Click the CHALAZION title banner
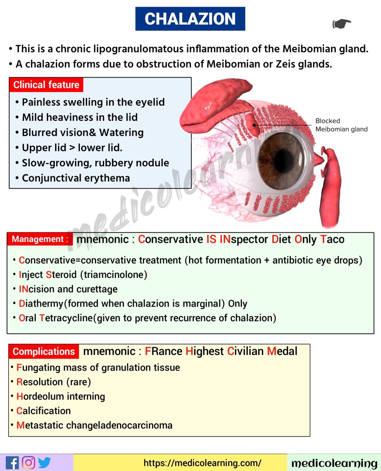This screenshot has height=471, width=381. [190, 19]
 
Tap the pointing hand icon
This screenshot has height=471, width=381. [341, 24]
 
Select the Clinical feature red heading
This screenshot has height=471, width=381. [46, 85]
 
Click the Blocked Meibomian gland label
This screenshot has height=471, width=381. [341, 125]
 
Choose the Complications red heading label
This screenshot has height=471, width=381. [44, 351]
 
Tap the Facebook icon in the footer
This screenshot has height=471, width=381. [12, 463]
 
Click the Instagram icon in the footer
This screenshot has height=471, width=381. [28, 462]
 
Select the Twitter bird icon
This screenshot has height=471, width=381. [45, 462]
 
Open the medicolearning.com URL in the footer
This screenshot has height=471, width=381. [202, 463]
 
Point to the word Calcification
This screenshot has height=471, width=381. [43, 411]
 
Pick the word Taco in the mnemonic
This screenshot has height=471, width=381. [332, 239]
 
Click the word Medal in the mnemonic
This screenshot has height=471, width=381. [282, 351]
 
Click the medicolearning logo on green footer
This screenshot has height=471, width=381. [334, 463]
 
